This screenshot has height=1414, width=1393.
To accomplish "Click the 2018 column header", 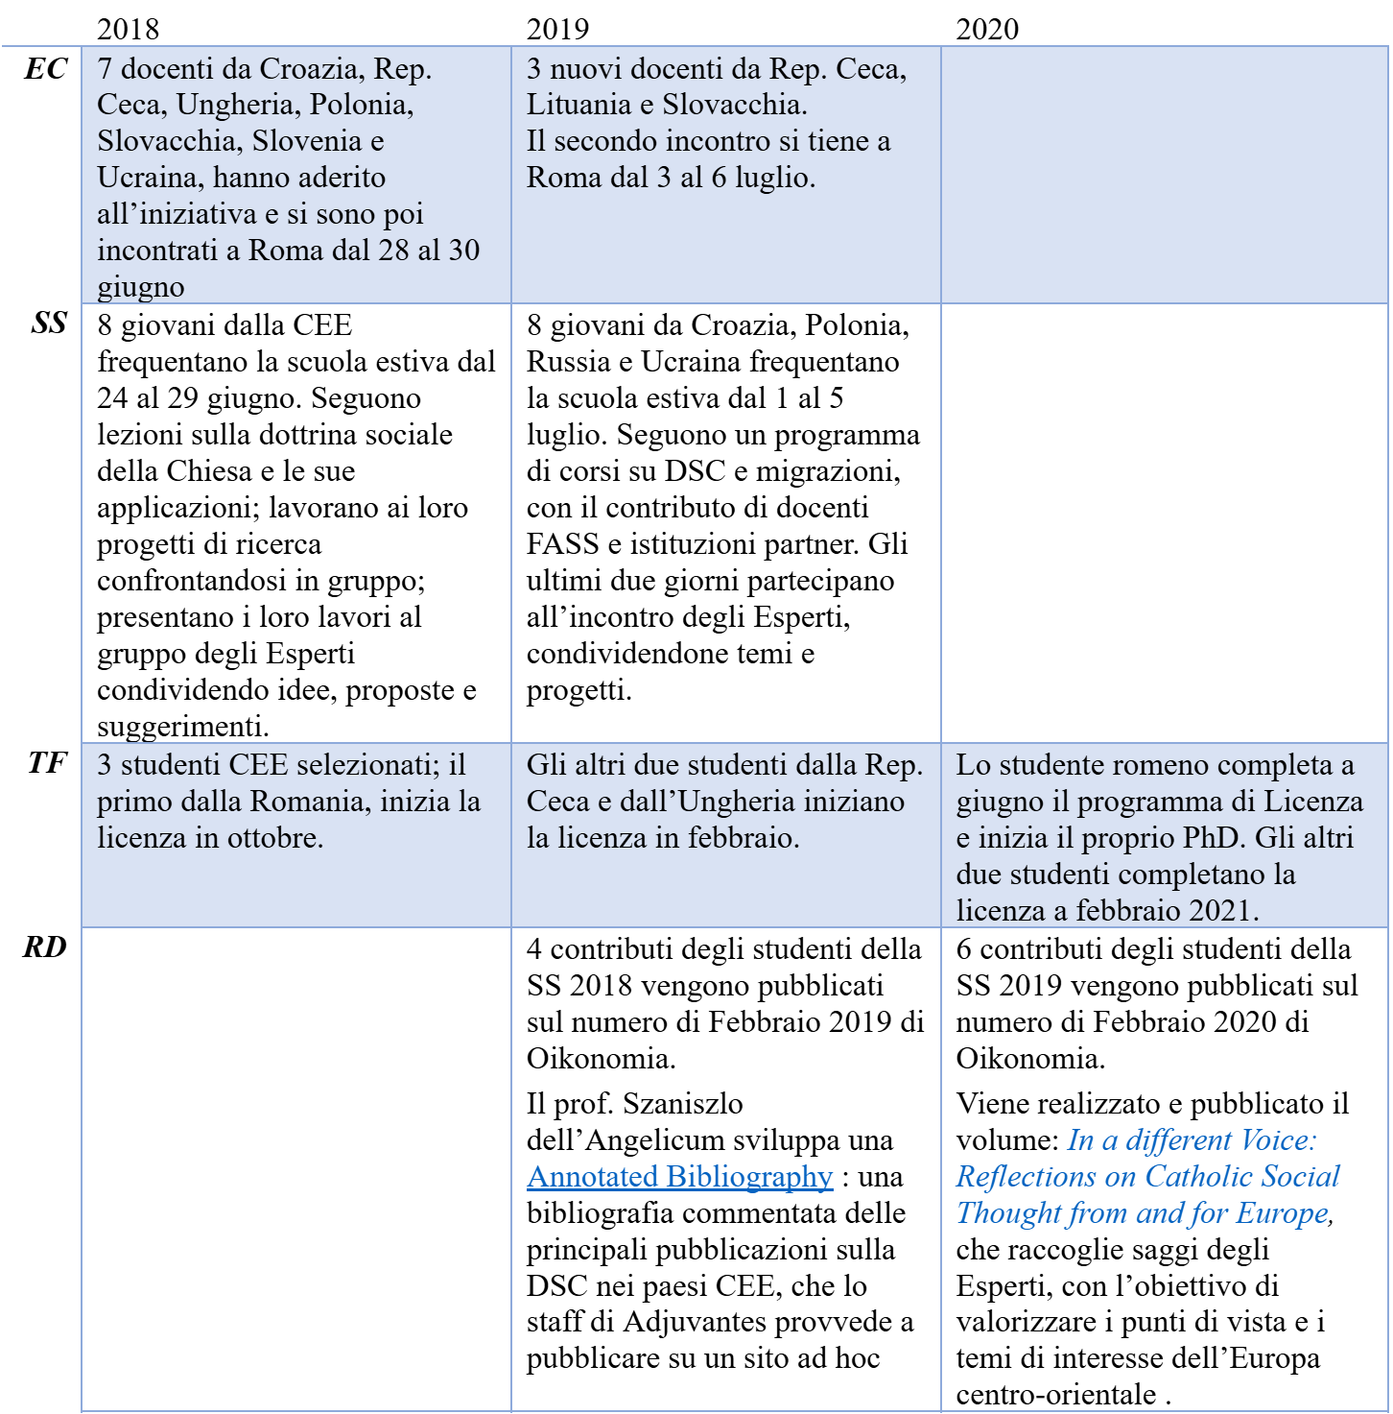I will [128, 29].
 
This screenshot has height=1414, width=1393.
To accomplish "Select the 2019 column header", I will [557, 29].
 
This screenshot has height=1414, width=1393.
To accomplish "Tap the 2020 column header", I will [987, 29].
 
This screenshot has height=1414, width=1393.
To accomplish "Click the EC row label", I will [45, 69].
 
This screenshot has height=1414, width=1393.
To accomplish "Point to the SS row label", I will [49, 324].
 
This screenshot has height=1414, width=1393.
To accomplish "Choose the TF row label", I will [46, 763].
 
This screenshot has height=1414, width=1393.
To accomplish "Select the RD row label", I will [45, 947].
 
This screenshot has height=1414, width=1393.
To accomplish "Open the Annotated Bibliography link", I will [679, 1177].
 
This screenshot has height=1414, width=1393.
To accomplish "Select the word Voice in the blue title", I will [1273, 1140].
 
